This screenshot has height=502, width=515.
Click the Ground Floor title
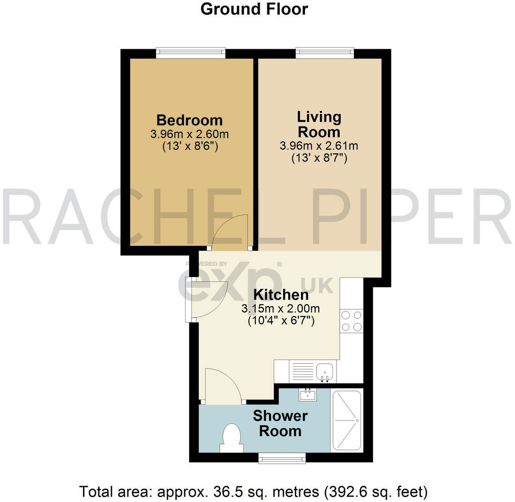click(x=254, y=9)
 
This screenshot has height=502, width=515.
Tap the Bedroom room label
click(x=190, y=120)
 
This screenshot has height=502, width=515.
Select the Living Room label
click(x=319, y=124)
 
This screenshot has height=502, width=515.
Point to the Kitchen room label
click(x=281, y=295)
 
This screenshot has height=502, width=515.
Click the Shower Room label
click(x=280, y=423)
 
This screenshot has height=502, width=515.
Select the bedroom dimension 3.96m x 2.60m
click(x=190, y=134)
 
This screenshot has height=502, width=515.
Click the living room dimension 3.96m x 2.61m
click(x=319, y=146)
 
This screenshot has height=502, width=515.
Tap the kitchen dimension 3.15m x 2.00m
click(x=281, y=308)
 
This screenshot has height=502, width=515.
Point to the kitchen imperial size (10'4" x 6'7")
click(x=281, y=320)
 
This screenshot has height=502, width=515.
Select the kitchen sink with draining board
click(x=313, y=372)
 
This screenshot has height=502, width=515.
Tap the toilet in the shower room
click(x=231, y=437)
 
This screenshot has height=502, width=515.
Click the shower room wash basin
click(x=308, y=394)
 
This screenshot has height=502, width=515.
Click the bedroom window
click(x=190, y=53)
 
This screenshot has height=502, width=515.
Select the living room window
click(x=325, y=53)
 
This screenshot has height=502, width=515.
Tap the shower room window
click(x=282, y=458)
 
